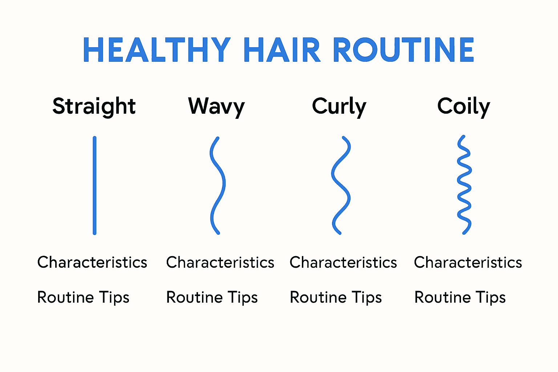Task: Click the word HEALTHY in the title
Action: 157,50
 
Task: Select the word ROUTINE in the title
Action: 403,50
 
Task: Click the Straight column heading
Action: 94,106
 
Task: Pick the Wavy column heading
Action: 217,106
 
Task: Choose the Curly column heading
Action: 339,106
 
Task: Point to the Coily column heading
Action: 464,106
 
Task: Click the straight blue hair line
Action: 94,185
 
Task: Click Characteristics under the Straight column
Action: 92,262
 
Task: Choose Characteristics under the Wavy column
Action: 220,262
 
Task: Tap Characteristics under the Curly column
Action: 343,262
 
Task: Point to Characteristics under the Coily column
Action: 468,262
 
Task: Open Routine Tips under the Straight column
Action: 83,297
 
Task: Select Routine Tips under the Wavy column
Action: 212,297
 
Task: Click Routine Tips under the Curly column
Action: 336,297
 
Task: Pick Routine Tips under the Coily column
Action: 460,297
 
